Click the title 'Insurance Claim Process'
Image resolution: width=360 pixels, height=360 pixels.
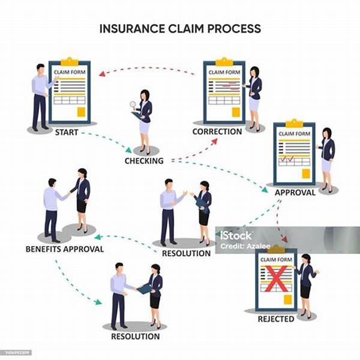pos(179,28)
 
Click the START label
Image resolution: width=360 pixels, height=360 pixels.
pos(66,132)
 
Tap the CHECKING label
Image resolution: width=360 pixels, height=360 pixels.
pos(144,161)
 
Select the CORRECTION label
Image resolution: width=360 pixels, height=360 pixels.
pos(217,131)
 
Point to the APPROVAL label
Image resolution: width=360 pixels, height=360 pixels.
pos(295,193)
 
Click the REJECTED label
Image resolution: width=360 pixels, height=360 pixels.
pos(276,319)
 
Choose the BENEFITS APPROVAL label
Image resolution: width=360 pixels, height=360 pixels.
pos(65,248)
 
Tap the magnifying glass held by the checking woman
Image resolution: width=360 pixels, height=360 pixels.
pos(133,105)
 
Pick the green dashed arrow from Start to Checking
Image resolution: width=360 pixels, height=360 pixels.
pos(108,139)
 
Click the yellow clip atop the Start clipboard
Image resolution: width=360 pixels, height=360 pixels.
pos(70,61)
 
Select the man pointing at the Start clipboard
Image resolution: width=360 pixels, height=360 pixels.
pos(40,96)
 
